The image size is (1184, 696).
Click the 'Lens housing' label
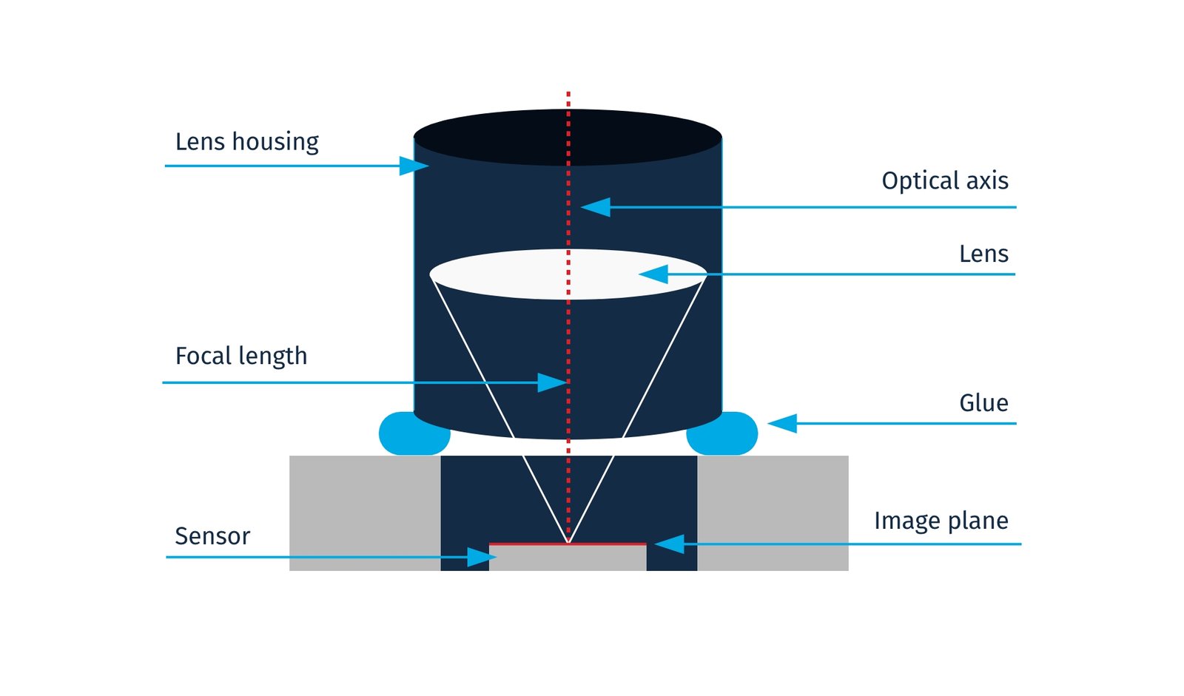[246, 141]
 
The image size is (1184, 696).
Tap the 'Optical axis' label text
[944, 180]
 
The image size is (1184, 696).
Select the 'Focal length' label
[240, 357]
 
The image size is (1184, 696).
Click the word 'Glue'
[983, 403]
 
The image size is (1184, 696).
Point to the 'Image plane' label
[941, 521]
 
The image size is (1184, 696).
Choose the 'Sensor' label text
[212, 536]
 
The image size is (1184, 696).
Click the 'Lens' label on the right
[983, 254]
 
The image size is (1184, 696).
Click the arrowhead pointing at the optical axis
[596, 207]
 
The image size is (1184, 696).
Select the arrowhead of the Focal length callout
[552, 382]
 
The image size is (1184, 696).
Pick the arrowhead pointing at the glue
[782, 423]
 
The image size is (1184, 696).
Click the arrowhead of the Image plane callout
[669, 544]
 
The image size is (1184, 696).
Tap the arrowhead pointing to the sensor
[481, 557]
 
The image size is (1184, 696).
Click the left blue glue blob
[413, 435]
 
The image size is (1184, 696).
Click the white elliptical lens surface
[518, 274]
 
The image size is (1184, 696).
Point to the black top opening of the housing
[518, 138]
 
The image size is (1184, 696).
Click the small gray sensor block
[568, 558]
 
